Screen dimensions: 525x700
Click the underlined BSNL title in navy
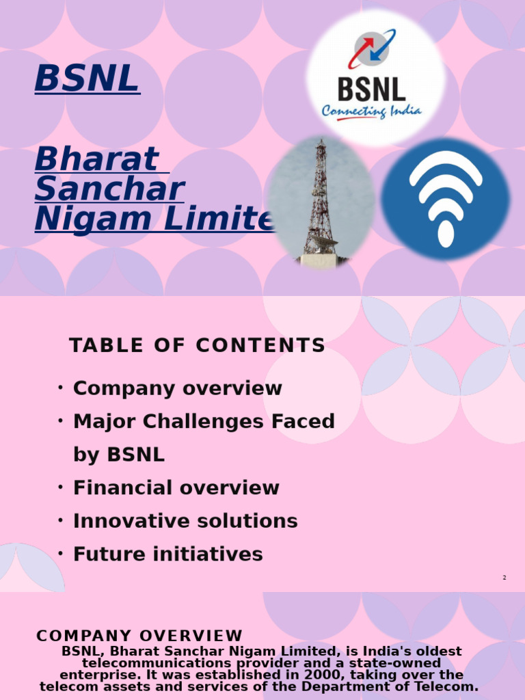[87, 78]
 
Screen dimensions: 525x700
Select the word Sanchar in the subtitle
[110, 189]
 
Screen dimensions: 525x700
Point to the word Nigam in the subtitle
[93, 219]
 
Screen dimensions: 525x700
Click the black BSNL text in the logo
[371, 89]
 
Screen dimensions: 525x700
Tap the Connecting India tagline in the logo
[371, 111]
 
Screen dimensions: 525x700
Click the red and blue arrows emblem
[372, 49]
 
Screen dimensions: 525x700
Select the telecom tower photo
[321, 202]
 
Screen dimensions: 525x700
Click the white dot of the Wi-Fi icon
[446, 234]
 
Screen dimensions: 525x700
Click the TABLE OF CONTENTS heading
[198, 345]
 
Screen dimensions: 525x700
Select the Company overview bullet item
[177, 388]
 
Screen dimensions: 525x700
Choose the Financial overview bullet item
[176, 487]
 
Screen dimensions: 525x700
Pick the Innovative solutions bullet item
[185, 521]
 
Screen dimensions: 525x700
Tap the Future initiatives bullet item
[168, 554]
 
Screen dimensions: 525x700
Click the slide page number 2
[504, 578]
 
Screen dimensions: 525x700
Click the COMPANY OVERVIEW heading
[139, 636]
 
